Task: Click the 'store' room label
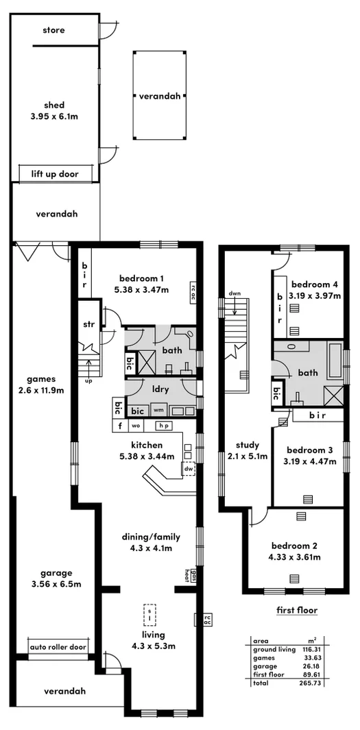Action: pyautogui.click(x=53, y=30)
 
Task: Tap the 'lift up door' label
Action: pyautogui.click(x=55, y=174)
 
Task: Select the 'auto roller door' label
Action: pyautogui.click(x=58, y=646)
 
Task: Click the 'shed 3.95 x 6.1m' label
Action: pyautogui.click(x=55, y=110)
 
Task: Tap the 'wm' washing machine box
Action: pyautogui.click(x=158, y=411)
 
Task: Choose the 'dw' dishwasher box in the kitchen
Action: pyautogui.click(x=188, y=470)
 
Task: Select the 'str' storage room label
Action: pyautogui.click(x=88, y=324)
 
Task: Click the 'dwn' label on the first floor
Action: pyautogui.click(x=235, y=293)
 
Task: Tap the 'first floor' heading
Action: pyautogui.click(x=296, y=610)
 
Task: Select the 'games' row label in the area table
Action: pyautogui.click(x=265, y=657)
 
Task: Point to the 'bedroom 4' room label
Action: pyautogui.click(x=313, y=284)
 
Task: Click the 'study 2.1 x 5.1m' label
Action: pyautogui.click(x=247, y=450)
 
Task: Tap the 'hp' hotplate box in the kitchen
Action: pyautogui.click(x=164, y=426)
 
